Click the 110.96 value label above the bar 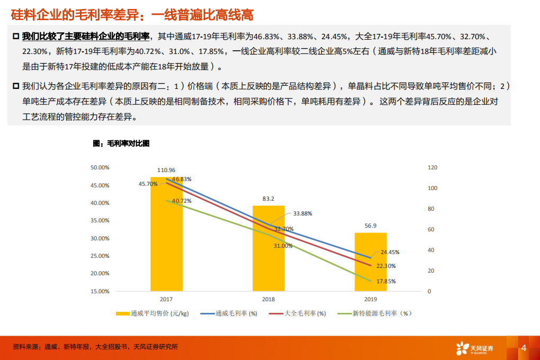[166, 170]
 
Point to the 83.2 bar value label [268, 199]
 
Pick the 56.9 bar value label [371, 226]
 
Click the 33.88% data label [302, 213]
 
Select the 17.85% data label [386, 281]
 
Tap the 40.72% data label [182, 201]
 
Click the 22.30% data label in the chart [386, 266]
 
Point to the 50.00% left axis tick [100, 167]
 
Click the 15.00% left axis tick [100, 291]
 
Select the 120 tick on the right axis [433, 167]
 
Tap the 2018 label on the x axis [268, 299]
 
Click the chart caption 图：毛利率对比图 [121, 143]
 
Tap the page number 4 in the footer [524, 348]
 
